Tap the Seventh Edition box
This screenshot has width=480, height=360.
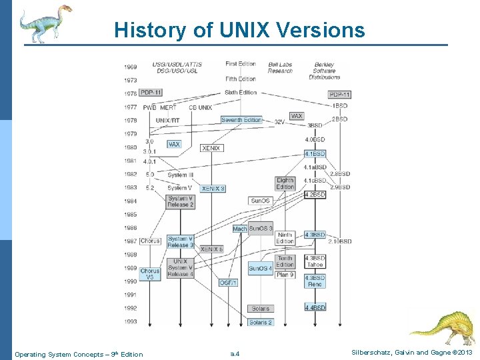(x=241, y=120)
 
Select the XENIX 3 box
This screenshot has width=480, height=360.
(x=213, y=189)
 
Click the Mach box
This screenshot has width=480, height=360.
(x=240, y=229)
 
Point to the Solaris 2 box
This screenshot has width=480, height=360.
(x=260, y=322)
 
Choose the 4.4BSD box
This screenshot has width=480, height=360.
(x=315, y=308)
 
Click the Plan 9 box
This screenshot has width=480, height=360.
(x=285, y=274)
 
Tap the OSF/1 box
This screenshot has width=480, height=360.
(x=228, y=283)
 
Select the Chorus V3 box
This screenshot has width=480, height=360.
(x=150, y=274)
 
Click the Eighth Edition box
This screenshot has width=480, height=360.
(x=285, y=183)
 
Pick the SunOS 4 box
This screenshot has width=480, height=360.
(x=260, y=269)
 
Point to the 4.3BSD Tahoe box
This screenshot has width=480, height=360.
(x=315, y=261)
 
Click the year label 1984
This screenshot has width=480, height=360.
(x=130, y=201)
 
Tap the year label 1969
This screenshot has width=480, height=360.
(x=130, y=67)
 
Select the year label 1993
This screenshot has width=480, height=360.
(x=130, y=322)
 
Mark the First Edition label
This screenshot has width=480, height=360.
(x=240, y=64)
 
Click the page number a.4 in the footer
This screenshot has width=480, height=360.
(x=235, y=354)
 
